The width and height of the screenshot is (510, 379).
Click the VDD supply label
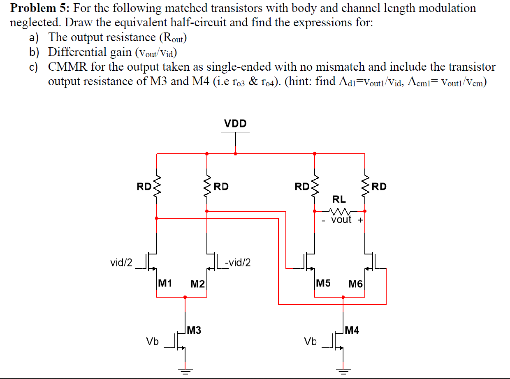click(235, 123)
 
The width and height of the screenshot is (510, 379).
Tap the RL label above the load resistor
click(339, 200)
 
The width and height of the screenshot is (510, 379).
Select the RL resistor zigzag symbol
click(340, 212)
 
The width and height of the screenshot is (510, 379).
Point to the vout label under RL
click(341, 220)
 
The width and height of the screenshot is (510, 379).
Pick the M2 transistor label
click(198, 284)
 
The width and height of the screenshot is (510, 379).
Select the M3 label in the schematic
click(194, 330)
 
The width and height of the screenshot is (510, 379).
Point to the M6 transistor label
click(355, 284)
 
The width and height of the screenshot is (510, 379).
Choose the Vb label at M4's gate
click(310, 341)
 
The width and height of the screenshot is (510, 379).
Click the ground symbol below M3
click(185, 372)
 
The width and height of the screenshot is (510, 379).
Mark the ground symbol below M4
click(343, 372)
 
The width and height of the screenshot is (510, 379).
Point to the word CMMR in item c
click(68, 67)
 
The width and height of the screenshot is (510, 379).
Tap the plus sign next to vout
click(360, 220)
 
